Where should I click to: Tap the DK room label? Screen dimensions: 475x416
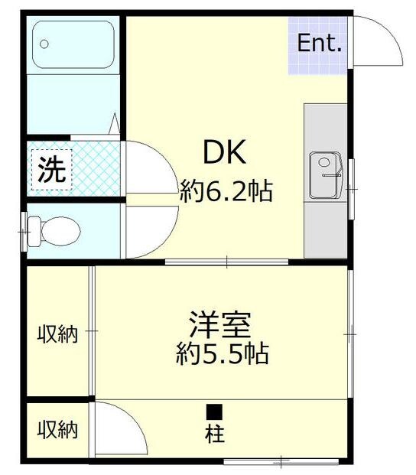[223, 153]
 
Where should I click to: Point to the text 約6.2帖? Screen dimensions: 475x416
[226, 190]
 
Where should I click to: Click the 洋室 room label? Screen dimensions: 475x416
[219, 325]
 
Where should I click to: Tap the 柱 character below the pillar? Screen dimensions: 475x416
[214, 434]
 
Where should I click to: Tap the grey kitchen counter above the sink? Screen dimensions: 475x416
[325, 127]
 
